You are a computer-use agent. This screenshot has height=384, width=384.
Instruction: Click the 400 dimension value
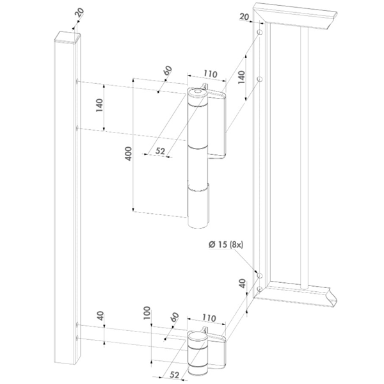coord(128,154)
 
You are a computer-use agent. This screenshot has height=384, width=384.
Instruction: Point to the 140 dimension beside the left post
coord(100,106)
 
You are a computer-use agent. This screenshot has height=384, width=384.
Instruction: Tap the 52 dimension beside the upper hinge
coord(160,151)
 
